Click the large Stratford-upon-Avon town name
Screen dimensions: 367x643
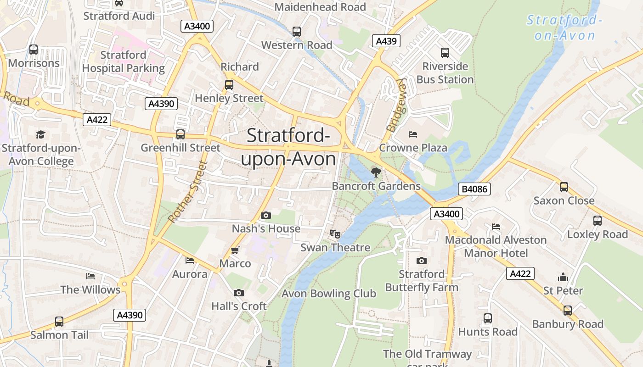(x=288, y=147)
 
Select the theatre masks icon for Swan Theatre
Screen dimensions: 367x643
(x=335, y=234)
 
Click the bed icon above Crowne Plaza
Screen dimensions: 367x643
(x=413, y=134)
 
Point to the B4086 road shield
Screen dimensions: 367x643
(x=474, y=189)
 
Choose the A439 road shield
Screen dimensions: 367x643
(x=386, y=41)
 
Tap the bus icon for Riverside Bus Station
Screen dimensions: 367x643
(x=445, y=53)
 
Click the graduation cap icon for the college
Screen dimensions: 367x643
(x=41, y=134)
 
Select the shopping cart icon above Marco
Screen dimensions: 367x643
(x=235, y=250)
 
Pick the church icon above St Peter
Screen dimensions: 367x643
(x=563, y=277)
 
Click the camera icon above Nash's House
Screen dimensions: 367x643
(x=265, y=215)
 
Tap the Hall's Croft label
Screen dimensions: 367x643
(x=239, y=306)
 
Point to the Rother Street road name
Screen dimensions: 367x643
(x=188, y=192)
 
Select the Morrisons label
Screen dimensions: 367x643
(x=34, y=63)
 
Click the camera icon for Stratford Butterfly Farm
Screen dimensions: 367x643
(x=421, y=261)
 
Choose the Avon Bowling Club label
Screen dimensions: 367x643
(x=329, y=294)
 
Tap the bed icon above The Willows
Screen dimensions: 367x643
(x=90, y=276)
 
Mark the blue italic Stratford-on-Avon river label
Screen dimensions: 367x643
(x=564, y=28)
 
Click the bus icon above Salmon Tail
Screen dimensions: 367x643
(x=59, y=322)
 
